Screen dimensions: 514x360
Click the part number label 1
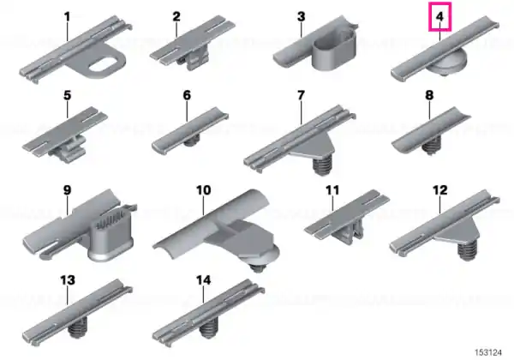point(67,16)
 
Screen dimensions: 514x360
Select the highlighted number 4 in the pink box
point(440,16)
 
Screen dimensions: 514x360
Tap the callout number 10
point(204,190)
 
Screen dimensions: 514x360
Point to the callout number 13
point(68,280)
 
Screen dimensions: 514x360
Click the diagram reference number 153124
point(488,352)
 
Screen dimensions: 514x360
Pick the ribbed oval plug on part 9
point(111,234)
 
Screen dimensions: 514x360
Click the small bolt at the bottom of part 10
point(257,268)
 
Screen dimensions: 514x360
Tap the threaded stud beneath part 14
point(208,329)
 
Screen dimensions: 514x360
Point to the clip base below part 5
point(69,152)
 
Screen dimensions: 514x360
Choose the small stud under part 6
point(191,142)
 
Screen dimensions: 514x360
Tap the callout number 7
point(301,95)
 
